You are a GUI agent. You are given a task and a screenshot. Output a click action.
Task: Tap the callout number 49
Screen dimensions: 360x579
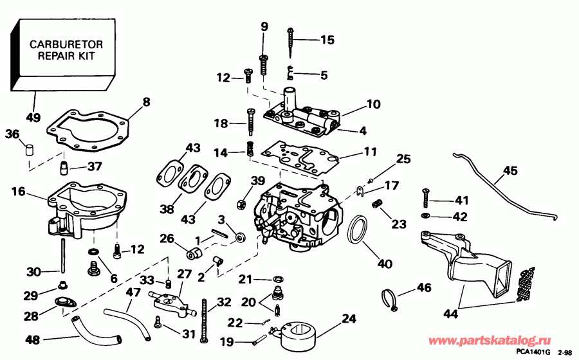[x=33, y=118]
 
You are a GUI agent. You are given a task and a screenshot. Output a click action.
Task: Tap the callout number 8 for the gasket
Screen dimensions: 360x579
[x=146, y=101]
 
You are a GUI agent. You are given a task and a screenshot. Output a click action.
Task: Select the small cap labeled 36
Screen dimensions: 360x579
[x=29, y=150]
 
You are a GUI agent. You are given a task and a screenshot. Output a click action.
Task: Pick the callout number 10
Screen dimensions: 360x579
[x=374, y=104]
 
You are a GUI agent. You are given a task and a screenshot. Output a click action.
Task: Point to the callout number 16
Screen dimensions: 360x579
[x=18, y=192]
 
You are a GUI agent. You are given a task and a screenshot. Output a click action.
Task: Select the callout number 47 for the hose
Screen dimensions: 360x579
[x=133, y=292]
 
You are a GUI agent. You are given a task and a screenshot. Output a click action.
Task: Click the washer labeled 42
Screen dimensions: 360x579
[x=425, y=216]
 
